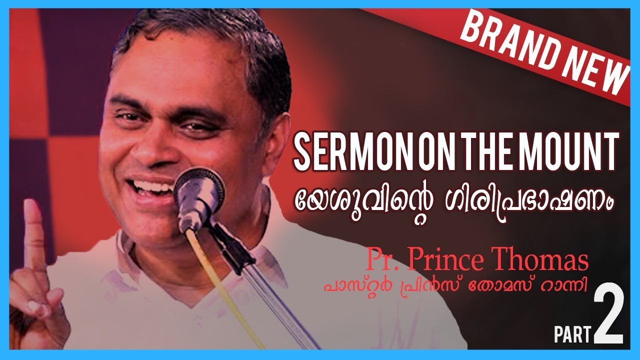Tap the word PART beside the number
click(572, 334)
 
